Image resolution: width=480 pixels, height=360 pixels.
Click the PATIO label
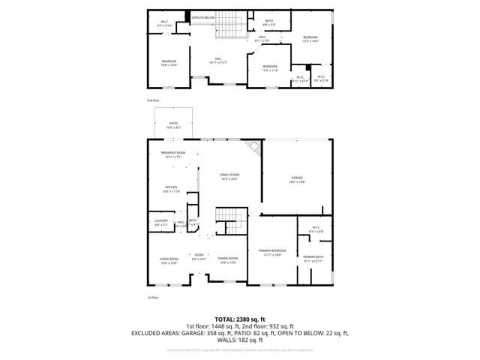172,124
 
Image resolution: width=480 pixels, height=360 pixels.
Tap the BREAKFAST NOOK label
172,154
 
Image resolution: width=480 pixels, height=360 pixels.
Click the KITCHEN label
172,188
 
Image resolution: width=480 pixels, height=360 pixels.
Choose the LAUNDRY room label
161,221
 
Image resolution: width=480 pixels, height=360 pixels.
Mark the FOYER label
199,256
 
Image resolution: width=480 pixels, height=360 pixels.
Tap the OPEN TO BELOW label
202,16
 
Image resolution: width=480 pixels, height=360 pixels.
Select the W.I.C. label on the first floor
316,228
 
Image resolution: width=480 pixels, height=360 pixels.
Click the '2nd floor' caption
154,100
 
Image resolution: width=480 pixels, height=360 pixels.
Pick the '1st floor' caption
153,298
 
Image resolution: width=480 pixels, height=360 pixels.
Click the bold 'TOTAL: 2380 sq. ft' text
240,319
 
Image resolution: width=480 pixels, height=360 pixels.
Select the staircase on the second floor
230,29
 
